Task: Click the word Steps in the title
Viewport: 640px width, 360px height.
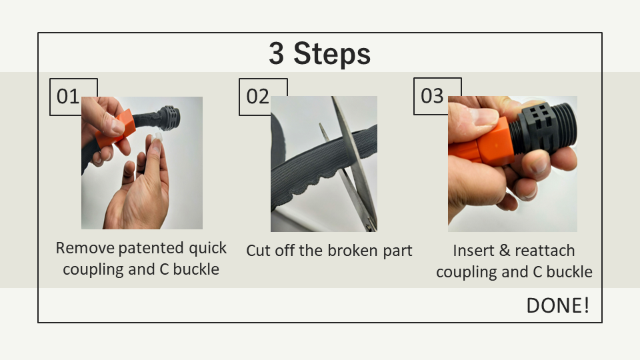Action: click(332, 54)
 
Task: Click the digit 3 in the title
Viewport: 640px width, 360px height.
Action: click(276, 53)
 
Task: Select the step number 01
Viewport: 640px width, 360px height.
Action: click(68, 97)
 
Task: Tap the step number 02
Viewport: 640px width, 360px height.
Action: click(257, 97)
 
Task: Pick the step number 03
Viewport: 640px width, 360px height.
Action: click(432, 96)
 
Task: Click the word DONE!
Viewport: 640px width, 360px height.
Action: click(558, 305)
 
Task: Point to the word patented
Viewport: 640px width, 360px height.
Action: click(151, 248)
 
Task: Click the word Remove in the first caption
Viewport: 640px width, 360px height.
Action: click(85, 248)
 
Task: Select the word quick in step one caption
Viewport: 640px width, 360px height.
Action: click(207, 248)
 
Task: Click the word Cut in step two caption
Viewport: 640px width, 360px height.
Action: click(259, 251)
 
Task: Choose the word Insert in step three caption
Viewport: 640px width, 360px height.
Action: click(473, 251)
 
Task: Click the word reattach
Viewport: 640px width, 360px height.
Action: click(545, 251)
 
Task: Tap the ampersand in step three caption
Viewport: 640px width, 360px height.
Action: click(505, 251)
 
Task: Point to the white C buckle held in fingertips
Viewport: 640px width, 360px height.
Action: click(157, 137)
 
